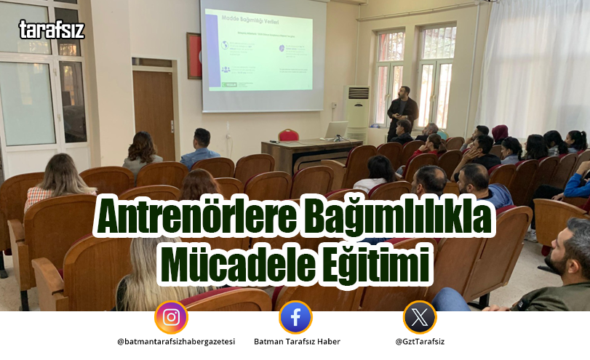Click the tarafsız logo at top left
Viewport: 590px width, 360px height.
click(51, 29)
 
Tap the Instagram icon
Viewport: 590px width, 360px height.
click(171, 317)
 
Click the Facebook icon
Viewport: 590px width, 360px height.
click(295, 317)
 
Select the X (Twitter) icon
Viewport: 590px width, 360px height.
click(420, 317)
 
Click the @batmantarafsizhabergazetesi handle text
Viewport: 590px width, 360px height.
click(175, 342)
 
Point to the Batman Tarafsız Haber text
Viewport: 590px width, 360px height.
click(296, 342)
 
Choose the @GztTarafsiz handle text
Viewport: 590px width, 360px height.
click(420, 342)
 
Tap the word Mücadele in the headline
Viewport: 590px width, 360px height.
click(233, 263)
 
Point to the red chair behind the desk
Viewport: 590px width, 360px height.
click(288, 135)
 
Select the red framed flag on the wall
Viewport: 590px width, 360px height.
click(193, 55)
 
